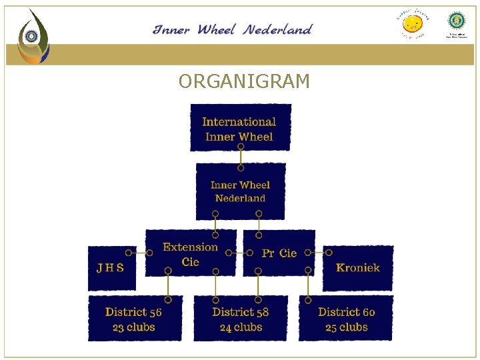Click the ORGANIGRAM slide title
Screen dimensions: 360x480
(x=244, y=82)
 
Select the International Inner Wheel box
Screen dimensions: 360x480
(x=240, y=128)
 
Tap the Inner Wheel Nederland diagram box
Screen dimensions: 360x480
(x=240, y=191)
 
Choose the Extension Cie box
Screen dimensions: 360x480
(x=191, y=253)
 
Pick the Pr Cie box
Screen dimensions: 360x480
(x=279, y=253)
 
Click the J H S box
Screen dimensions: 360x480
(x=111, y=268)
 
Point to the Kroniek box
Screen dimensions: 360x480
(x=358, y=268)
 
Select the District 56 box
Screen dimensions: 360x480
(x=134, y=319)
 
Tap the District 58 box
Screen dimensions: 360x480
(x=241, y=319)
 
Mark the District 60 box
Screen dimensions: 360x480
(x=346, y=319)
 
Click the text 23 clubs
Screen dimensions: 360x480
(x=134, y=327)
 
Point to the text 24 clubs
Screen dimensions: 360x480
(x=241, y=327)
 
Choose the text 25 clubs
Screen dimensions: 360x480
(x=346, y=327)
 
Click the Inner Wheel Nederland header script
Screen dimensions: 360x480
(x=232, y=29)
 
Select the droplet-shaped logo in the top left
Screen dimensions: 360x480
(x=32, y=37)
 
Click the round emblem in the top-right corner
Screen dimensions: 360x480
(x=457, y=21)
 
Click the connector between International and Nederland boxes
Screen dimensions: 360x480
(x=241, y=157)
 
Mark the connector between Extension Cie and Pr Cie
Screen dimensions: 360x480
(x=239, y=253)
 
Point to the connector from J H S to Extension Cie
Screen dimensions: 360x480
(x=141, y=253)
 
